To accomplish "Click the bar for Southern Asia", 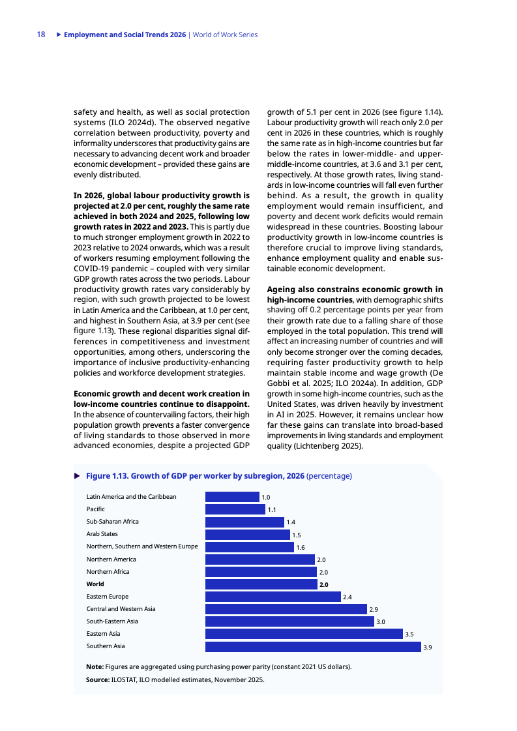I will tap(313, 646).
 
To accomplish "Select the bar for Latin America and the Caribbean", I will tap(232, 497).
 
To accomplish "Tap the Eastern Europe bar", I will tap(273, 597).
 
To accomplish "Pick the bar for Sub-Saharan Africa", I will tap(244, 522).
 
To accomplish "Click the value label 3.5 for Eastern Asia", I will tap(410, 634).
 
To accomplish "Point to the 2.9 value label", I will tap(374, 609).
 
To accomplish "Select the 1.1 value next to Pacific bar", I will tap(272, 509).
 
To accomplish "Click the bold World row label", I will tap(95, 584).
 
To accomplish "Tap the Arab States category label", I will tap(102, 534).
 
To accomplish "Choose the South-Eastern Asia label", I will tap(112, 621).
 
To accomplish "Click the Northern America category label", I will tap(111, 559).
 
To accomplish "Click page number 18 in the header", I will tap(40, 35).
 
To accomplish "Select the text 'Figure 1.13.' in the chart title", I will tap(108, 476).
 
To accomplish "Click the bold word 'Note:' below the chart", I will tap(95, 667).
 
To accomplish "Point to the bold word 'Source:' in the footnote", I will tap(98, 679).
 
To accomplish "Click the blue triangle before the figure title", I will tap(77, 476).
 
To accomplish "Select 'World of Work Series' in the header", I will tap(225, 35).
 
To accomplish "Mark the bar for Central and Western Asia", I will tap(286, 609).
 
